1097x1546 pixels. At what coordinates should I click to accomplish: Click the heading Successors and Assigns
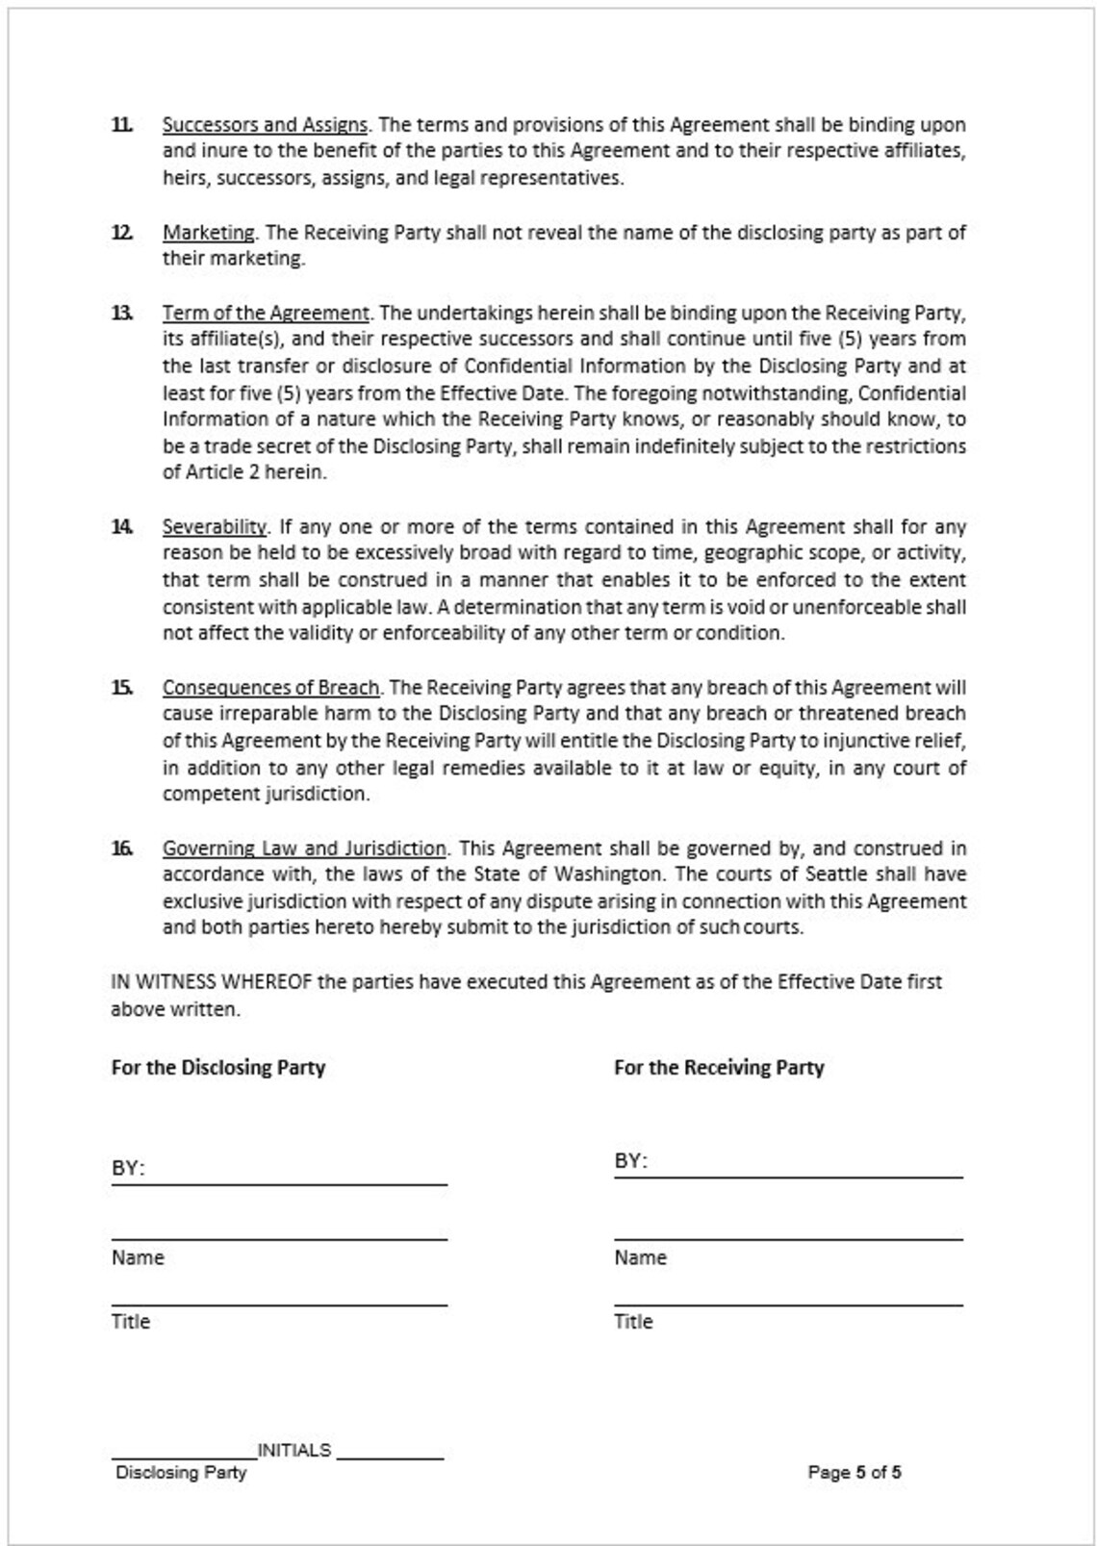[265, 125]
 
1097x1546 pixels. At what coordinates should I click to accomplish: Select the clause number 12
[122, 233]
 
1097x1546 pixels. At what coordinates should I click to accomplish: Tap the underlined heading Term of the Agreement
[266, 314]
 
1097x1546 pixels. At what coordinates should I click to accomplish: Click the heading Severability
[215, 527]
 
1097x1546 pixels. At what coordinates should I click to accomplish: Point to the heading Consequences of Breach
[270, 688]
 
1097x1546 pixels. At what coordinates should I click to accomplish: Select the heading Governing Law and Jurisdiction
[304, 849]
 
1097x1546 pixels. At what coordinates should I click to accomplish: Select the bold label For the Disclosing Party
[218, 1068]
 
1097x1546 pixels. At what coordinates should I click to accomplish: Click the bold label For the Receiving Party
[719, 1068]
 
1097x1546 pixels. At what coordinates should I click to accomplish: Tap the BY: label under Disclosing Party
[128, 1169]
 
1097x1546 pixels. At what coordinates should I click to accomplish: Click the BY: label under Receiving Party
[631, 1161]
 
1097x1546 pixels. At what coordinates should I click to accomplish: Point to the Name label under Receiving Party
[640, 1258]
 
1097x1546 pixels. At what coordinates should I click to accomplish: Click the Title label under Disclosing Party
[131, 1322]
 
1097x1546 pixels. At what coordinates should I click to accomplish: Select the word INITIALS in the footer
[294, 1451]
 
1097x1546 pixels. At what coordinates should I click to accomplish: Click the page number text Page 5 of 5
[855, 1473]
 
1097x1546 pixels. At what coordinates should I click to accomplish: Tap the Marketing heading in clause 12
[209, 233]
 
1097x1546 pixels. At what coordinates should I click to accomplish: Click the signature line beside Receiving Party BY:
[808, 1175]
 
